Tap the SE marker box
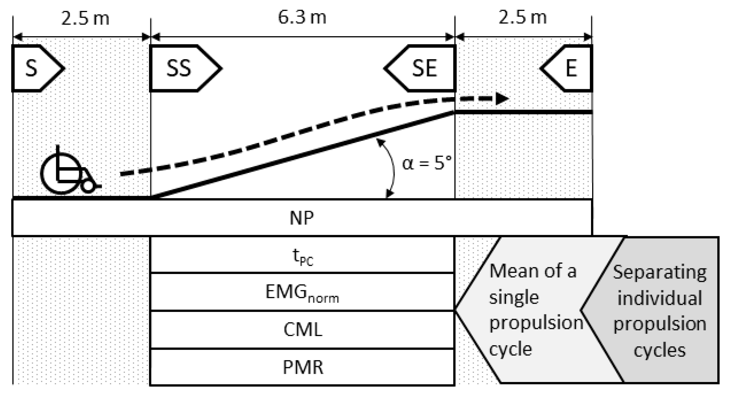pos(423,68)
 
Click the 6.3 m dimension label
pos(302,18)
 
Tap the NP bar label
pos(302,218)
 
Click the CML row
pos(302,330)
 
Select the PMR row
pos(302,367)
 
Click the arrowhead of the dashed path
pos(502,99)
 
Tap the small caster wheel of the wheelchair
pos(88,186)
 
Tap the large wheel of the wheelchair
pos(61,174)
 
